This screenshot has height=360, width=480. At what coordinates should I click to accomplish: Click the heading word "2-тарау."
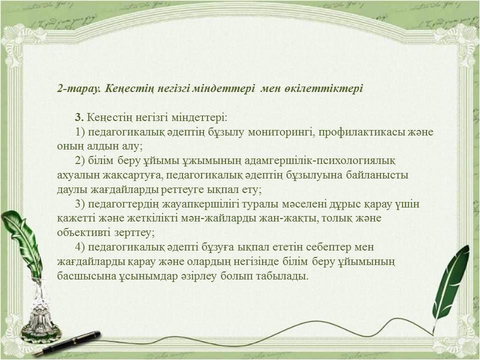79,89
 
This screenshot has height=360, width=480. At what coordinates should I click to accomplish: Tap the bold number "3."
79,117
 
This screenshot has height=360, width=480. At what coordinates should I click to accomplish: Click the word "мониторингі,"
282,132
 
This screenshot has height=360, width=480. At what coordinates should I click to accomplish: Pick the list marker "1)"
80,132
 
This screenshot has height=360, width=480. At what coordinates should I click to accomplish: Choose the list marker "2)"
80,160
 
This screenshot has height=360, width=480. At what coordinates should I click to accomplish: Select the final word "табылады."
282,276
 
